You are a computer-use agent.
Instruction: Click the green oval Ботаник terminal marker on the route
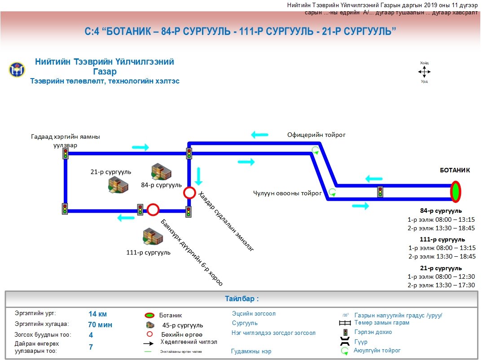coord(456,192)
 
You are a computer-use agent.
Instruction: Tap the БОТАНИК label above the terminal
coord(455,170)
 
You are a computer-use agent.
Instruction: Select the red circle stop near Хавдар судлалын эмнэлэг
coord(189,193)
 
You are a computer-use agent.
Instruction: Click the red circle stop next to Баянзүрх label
coord(154,209)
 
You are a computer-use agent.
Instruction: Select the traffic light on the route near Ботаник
coord(380,192)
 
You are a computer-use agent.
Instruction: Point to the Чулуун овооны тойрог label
coord(287,193)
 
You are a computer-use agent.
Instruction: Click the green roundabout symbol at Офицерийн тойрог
coord(316,150)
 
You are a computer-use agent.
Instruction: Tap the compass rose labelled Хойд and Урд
coord(424,72)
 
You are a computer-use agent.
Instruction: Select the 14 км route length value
coord(98,314)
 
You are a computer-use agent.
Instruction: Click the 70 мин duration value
coord(100,325)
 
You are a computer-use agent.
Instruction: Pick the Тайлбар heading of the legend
coord(241,299)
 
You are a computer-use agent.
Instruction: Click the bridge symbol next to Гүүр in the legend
coord(345,342)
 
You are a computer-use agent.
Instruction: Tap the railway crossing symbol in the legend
coord(345,323)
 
